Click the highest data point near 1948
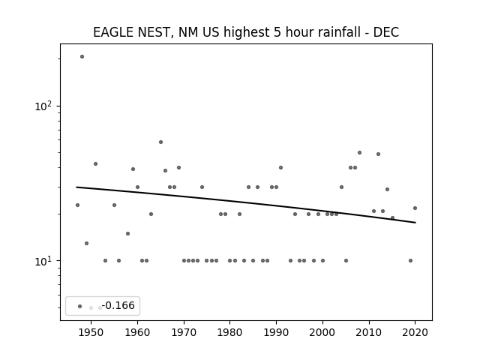click(x=82, y=57)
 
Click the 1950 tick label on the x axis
click(x=91, y=332)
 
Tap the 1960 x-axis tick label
click(x=137, y=332)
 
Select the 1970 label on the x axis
click(x=184, y=332)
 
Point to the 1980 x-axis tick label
click(x=230, y=332)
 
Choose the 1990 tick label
click(x=277, y=332)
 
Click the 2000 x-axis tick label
click(x=322, y=332)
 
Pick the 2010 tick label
click(x=369, y=332)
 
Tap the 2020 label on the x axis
click(x=415, y=332)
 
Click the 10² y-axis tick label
click(x=43, y=106)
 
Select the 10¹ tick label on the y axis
click(x=43, y=261)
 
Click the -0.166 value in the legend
click(x=118, y=305)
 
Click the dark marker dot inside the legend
click(x=80, y=306)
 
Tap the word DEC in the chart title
click(x=386, y=32)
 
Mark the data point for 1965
click(x=160, y=142)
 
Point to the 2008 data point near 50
click(x=360, y=152)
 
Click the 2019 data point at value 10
click(x=410, y=261)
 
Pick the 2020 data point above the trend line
click(x=415, y=208)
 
